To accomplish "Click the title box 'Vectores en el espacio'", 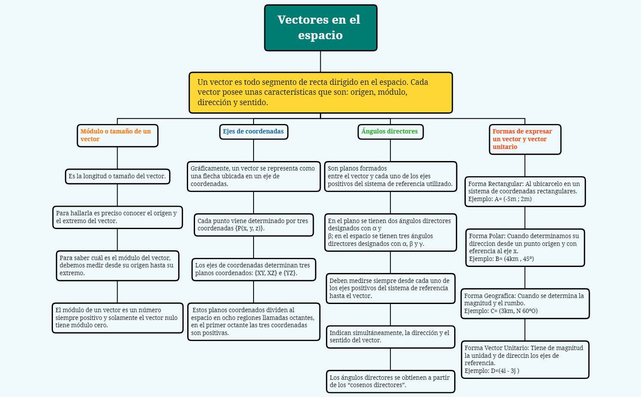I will [321, 28].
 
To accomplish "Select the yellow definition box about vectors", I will [321, 93].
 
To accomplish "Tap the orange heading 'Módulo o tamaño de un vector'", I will [118, 136].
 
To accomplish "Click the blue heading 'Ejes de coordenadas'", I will [254, 132].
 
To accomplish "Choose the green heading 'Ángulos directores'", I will [390, 132].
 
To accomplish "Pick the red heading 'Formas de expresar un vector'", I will [525, 139].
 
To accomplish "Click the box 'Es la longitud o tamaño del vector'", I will [118, 177].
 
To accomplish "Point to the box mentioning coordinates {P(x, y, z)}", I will [254, 225].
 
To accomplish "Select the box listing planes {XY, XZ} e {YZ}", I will [254, 270].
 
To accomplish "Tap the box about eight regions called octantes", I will [254, 322].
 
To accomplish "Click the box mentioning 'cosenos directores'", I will [390, 381].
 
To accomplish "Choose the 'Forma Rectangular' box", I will [525, 192].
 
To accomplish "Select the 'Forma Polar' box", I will [525, 248].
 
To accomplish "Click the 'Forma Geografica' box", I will [525, 304].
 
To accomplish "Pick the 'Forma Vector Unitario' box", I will [525, 360].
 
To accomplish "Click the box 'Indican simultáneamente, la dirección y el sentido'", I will [390, 337].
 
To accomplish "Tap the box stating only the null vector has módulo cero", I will [118, 318].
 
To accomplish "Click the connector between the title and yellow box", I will [321, 62].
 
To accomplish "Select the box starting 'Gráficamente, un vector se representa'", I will [254, 177].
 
